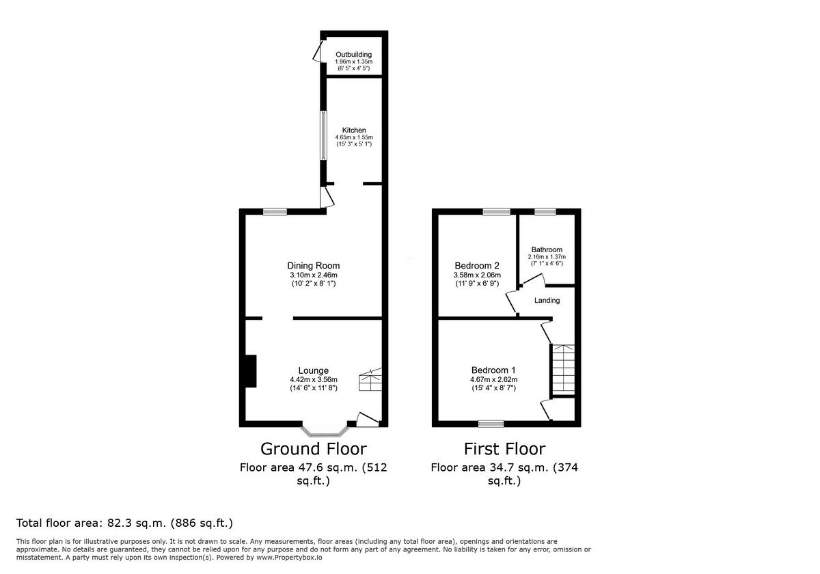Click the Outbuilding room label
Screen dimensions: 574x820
[353, 54]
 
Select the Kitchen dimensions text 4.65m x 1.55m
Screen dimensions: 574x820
[353, 137]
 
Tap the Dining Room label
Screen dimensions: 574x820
[313, 266]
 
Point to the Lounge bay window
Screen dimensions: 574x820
[325, 431]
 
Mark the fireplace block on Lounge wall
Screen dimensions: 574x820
[251, 372]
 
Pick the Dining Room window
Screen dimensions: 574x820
[275, 212]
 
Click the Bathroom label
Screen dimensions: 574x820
[547, 249]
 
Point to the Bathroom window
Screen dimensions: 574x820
[545, 212]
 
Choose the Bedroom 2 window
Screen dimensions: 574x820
[497, 212]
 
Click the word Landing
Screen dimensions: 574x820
[547, 301]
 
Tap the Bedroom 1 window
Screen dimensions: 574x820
[491, 424]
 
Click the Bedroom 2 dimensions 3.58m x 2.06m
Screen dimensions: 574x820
[478, 276]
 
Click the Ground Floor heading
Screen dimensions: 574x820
[313, 449]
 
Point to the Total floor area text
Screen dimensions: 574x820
[124, 523]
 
